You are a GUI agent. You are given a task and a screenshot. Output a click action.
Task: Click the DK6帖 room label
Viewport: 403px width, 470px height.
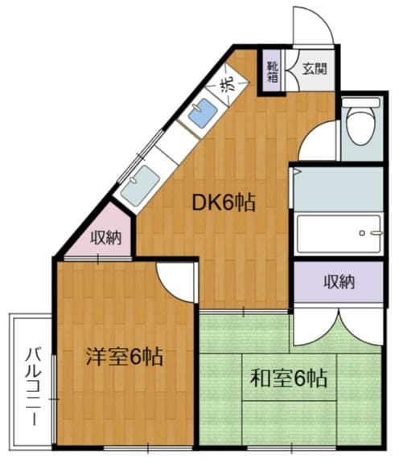tap(224, 203)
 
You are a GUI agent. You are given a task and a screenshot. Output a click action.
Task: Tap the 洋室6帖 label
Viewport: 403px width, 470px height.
tap(125, 357)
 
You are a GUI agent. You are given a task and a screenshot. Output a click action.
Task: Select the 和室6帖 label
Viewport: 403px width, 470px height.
tap(289, 378)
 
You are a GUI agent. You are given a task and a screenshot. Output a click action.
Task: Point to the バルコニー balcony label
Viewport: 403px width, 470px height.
tap(33, 386)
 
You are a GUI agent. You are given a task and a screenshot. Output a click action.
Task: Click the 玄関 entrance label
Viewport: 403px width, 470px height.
tap(315, 68)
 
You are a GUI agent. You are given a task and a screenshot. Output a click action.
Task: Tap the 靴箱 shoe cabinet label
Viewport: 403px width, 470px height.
tap(273, 72)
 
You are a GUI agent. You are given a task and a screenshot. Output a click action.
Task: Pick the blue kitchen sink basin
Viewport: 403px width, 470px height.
tap(203, 113)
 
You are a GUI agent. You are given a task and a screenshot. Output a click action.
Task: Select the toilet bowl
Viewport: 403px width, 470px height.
tap(360, 126)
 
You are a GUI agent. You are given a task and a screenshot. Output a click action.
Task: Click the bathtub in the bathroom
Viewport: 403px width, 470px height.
tap(339, 234)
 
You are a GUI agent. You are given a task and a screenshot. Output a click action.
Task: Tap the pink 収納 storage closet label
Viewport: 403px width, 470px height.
tap(106, 239)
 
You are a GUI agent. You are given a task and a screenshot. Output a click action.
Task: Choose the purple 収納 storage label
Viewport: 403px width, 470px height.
tap(339, 282)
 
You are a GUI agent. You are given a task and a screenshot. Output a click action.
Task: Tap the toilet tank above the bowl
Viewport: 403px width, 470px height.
tap(360, 103)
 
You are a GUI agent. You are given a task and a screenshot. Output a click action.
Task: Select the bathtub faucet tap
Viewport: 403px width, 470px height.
tap(376, 233)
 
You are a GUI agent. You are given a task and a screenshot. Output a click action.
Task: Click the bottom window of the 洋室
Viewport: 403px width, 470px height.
tap(148, 448)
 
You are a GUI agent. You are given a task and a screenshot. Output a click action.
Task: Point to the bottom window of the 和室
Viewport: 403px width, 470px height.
tap(292, 448)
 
